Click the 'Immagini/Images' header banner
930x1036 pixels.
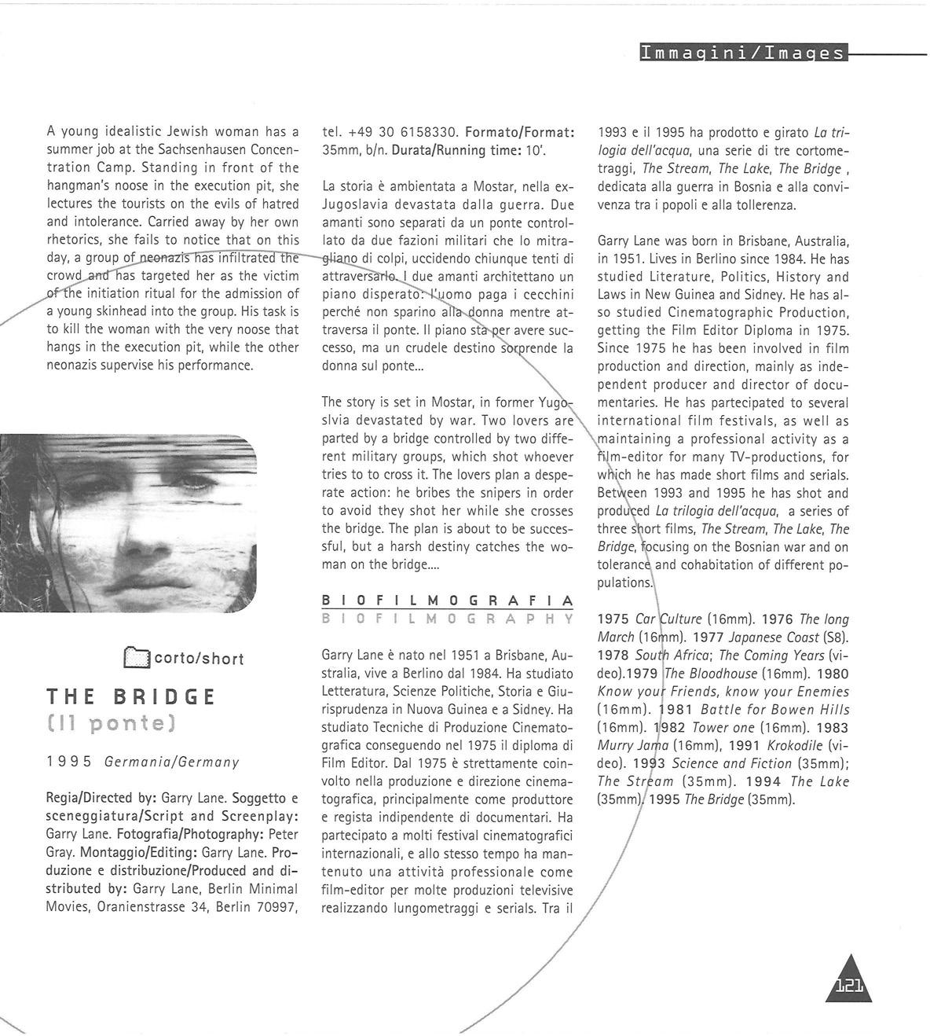click(742, 53)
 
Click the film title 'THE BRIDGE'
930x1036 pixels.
click(131, 697)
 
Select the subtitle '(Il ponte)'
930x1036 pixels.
click(110, 723)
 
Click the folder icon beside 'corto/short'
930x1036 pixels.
click(136, 657)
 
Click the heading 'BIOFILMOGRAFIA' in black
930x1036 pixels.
click(448, 601)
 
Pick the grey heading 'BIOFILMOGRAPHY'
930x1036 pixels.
click(448, 619)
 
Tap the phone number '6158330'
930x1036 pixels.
click(424, 131)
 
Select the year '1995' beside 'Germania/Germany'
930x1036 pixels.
click(70, 761)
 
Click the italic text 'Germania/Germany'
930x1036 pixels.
click(171, 761)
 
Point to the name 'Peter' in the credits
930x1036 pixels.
click(283, 834)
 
